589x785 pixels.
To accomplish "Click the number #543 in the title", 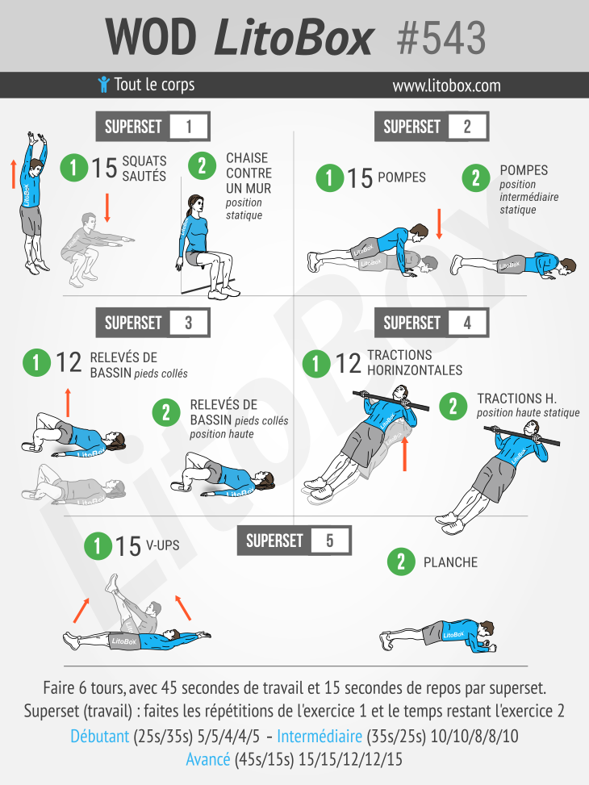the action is point(441,38).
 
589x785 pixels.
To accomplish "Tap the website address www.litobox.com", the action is point(446,86).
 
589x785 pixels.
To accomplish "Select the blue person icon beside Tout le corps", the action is point(103,85).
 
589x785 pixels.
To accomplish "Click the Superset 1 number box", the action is point(188,126).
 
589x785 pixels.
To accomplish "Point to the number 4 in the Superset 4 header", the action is point(467,323).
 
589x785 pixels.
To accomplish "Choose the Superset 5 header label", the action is point(274,541).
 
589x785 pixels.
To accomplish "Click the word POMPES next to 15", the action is point(402,177).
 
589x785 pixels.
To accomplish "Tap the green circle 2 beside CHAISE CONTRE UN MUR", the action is point(202,165).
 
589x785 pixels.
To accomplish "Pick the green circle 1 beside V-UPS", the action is point(98,546).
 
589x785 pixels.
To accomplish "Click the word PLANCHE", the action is point(450,562).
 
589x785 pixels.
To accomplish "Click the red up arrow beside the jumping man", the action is point(14,173).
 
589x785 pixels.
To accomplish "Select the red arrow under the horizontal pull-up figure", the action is point(405,453).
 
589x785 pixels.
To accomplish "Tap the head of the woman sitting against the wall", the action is point(194,205).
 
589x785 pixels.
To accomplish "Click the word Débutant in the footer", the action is point(100,736).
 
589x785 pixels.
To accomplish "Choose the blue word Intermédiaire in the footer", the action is point(320,736).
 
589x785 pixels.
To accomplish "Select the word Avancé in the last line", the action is point(208,759).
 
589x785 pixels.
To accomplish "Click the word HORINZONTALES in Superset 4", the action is point(415,370).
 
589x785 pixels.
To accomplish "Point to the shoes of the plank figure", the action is point(387,641).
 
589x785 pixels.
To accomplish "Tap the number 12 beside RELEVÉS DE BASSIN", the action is point(69,362).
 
